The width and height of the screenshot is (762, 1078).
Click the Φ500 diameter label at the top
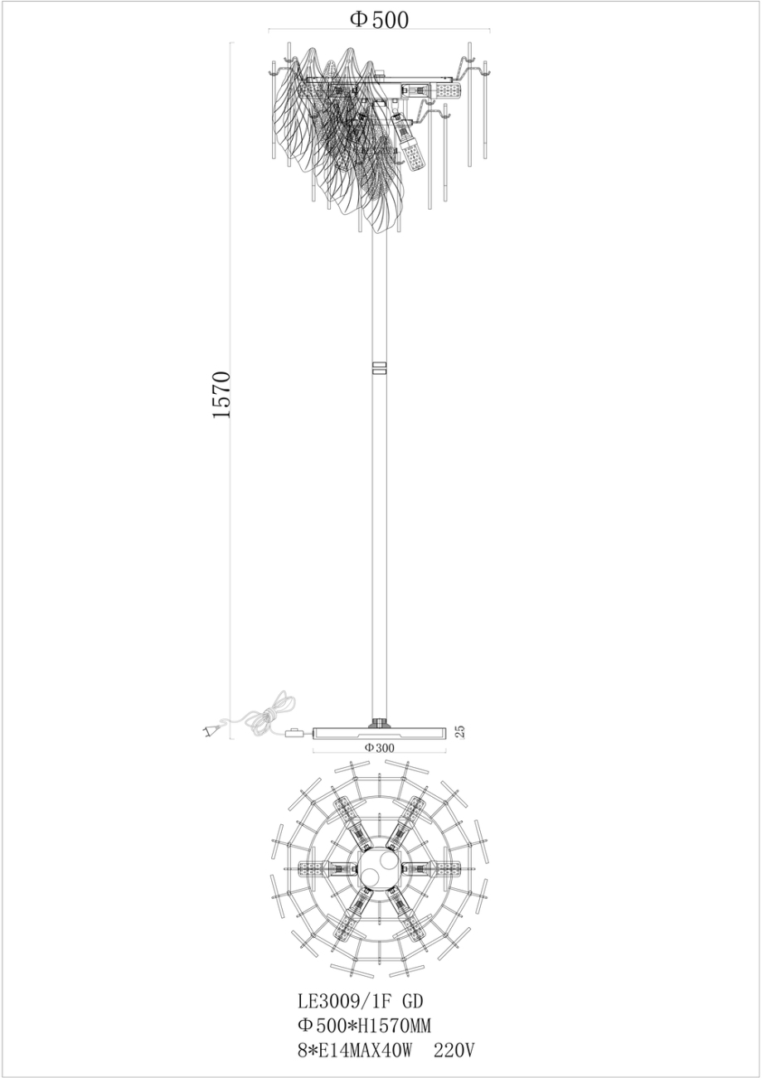[380, 20]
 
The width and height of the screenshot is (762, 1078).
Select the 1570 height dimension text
[221, 395]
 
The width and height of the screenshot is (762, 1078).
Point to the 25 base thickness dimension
[461, 731]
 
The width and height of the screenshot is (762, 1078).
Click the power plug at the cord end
[211, 730]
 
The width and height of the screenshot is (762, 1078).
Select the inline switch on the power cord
[294, 732]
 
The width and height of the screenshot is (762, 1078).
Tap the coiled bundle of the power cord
[269, 715]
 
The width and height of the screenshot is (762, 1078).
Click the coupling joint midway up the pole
[380, 368]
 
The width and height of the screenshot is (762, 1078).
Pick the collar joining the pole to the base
[380, 722]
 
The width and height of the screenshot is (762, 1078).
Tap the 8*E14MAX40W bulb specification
[354, 1051]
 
